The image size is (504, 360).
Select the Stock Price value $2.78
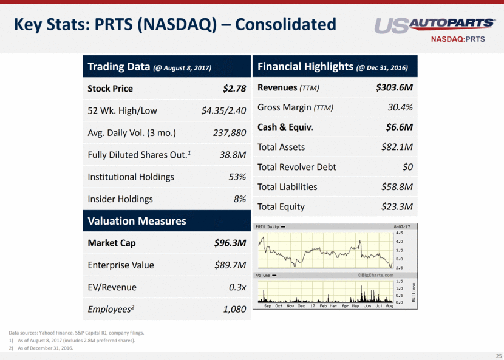coord(234,89)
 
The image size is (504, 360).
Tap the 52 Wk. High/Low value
coord(223,110)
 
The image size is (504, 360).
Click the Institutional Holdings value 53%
coord(237,177)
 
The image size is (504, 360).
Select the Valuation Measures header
coord(137,222)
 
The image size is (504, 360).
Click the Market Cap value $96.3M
coord(230,243)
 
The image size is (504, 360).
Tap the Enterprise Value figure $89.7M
coord(230,265)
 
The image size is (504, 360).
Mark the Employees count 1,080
coord(234,310)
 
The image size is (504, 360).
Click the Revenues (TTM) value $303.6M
coord(395,88)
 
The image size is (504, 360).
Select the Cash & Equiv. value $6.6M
coord(400,127)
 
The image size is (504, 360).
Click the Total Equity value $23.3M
coord(397,207)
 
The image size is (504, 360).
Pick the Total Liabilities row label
coord(287,187)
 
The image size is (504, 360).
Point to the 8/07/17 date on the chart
coord(402,227)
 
